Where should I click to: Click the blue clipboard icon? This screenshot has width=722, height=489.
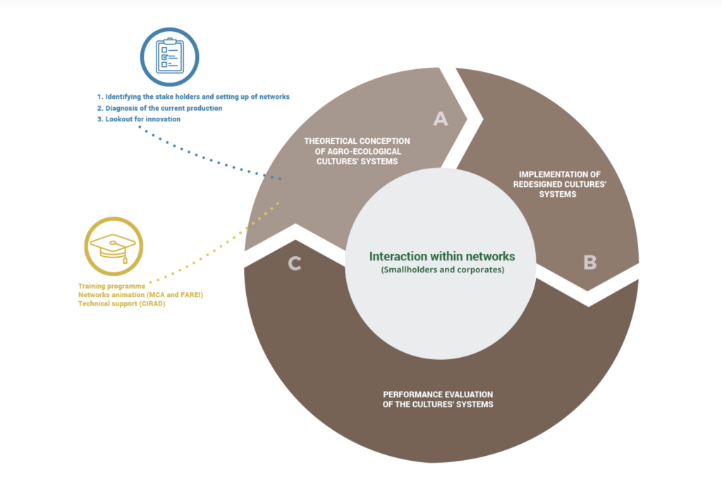point(169,56)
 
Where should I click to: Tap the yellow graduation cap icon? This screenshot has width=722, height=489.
point(114,246)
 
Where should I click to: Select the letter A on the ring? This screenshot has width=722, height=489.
point(441,119)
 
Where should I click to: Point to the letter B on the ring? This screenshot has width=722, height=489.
point(590,262)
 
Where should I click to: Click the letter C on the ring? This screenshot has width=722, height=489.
point(295,263)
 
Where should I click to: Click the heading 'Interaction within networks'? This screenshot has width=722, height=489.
point(442,256)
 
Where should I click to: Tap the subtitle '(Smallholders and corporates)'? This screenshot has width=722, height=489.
point(443,270)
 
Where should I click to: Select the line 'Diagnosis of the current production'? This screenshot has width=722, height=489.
point(160,108)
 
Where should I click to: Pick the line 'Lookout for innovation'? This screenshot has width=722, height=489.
point(139,119)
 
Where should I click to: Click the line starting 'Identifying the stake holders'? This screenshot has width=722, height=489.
point(193,97)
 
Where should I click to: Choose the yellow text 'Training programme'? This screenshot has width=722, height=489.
point(112,286)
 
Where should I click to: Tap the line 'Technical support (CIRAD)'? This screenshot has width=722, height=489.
point(121,303)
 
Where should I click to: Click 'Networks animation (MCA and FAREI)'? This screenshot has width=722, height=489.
point(140,295)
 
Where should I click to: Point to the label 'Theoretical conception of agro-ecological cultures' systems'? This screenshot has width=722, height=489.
point(357,151)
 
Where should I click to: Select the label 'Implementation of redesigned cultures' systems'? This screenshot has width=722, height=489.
point(559,184)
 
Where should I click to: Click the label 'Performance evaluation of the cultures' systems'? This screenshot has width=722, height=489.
point(438,399)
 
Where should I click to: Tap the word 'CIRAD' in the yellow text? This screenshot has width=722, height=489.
point(152,303)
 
